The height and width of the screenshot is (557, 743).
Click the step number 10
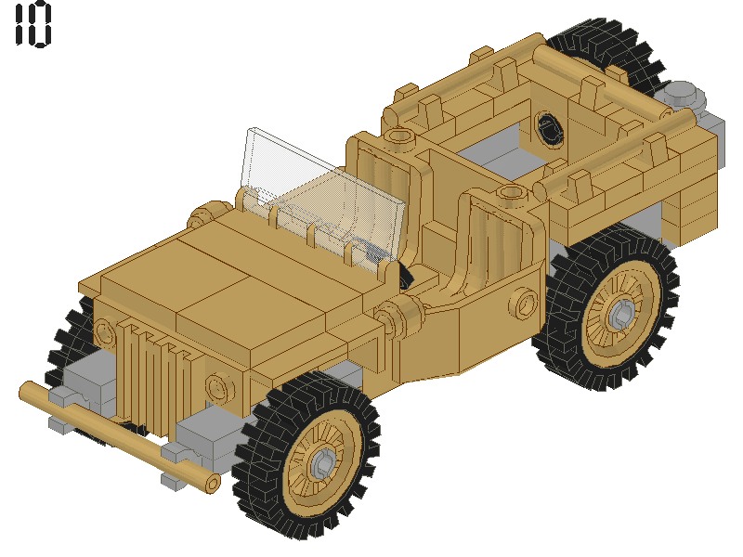33,26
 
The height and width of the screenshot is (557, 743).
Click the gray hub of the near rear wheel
620,313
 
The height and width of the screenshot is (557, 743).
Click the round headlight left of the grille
104,329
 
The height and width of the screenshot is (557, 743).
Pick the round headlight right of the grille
219,383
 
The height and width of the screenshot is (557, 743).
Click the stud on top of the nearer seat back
509,194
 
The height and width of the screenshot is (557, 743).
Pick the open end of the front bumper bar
212,483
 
